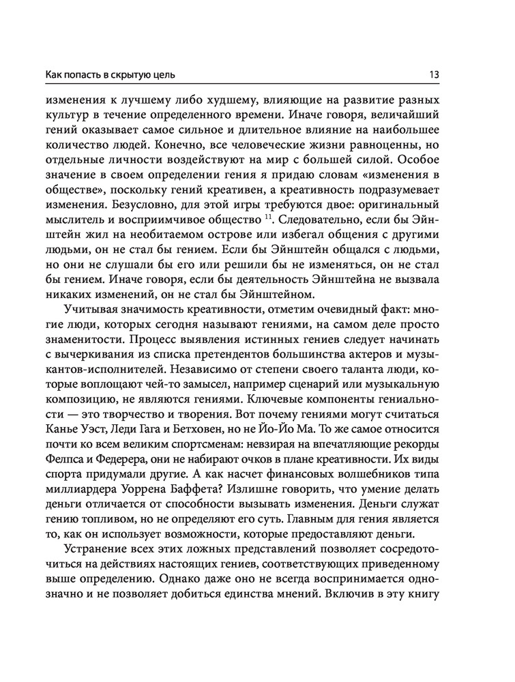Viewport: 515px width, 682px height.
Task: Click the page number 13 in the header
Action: [x=435, y=74]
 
